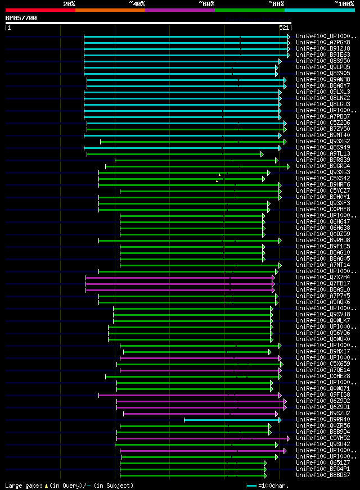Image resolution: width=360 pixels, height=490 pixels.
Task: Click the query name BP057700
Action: [x=21, y=18]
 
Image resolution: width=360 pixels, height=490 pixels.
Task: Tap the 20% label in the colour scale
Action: [x=69, y=3]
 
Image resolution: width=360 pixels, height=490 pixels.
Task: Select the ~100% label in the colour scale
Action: [x=344, y=3]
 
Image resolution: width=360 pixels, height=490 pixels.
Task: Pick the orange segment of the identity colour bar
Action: [x=110, y=10]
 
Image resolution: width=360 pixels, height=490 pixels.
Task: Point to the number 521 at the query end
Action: [x=284, y=28]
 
